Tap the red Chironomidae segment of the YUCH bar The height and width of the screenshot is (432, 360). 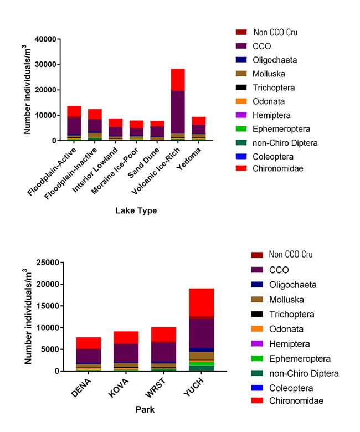pyautogui.click(x=202, y=302)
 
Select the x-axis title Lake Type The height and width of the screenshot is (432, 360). pyautogui.click(x=136, y=211)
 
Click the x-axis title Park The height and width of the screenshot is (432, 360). pyautogui.click(x=145, y=410)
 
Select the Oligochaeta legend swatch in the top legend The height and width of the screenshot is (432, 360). pyautogui.click(x=240, y=60)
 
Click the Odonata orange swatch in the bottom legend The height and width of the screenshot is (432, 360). pyautogui.click(x=256, y=329)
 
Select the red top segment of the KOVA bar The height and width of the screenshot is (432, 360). pyautogui.click(x=127, y=337)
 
